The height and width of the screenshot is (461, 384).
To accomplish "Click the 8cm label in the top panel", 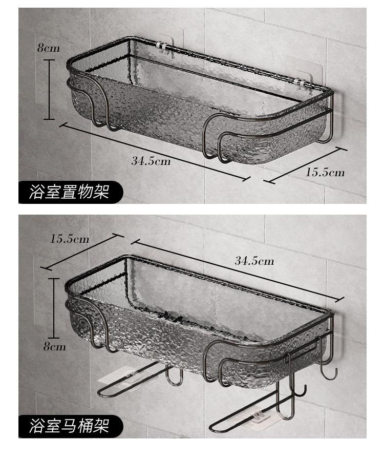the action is click(48, 48).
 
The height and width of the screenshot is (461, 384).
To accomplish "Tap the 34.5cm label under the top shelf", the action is click(151, 160).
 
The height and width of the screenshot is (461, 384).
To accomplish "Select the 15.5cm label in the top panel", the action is click(325, 172).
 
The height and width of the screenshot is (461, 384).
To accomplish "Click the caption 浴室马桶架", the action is click(71, 426).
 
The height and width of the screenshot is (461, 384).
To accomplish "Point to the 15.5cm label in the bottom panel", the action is click(70, 239).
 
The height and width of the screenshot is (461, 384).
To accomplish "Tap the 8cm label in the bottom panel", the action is click(54, 346).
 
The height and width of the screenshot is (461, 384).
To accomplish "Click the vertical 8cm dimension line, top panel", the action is click(50, 90).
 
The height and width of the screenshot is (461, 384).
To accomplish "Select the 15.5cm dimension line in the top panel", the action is click(305, 165).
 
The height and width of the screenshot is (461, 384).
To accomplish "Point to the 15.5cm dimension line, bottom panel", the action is click(82, 252).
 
